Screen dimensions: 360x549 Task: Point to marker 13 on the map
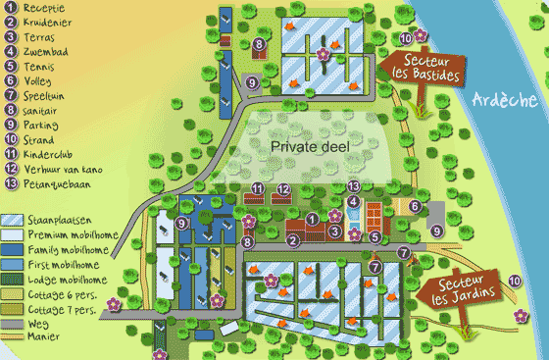coord(353,186)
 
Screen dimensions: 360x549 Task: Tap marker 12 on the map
coord(282,188)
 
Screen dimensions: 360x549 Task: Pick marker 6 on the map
coord(415,206)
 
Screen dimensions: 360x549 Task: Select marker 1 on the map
coord(312,218)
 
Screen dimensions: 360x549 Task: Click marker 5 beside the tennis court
coord(375,236)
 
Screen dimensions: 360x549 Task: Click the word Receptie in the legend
coord(43,8)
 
